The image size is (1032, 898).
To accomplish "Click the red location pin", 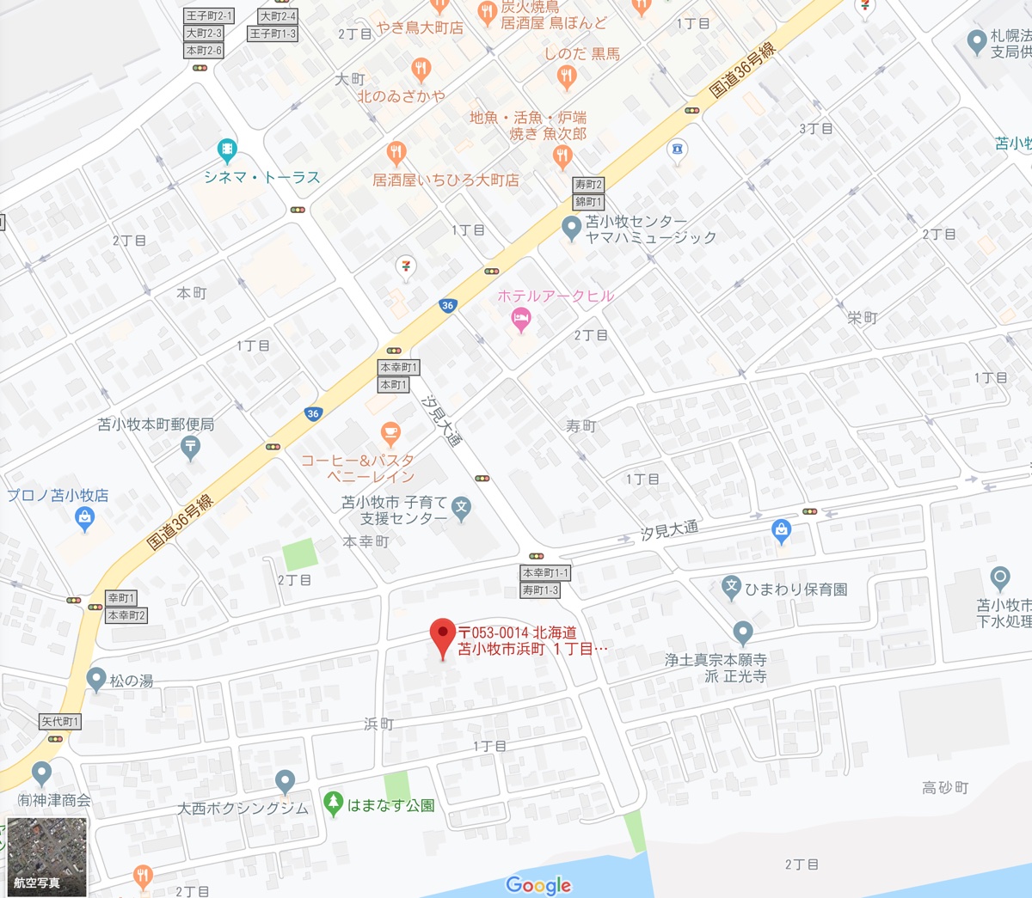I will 443,637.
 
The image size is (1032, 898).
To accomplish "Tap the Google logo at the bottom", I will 538,885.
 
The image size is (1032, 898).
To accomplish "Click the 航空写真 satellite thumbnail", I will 47,856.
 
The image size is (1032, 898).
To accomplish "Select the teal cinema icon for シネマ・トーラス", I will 227,151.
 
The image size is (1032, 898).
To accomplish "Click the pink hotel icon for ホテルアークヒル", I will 520,320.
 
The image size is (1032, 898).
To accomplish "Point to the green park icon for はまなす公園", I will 334,803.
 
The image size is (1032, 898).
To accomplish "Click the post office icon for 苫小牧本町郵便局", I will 190,446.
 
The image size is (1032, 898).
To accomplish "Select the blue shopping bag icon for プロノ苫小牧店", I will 84,517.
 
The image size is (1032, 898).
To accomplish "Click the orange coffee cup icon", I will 390,434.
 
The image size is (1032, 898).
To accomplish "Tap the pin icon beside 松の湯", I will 96,679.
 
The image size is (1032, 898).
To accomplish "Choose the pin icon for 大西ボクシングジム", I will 286,782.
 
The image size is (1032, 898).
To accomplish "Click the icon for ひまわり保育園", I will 731,588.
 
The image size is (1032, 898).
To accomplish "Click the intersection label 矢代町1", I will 60,722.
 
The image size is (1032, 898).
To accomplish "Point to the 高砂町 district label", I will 945,787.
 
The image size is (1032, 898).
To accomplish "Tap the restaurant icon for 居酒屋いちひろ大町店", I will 396,154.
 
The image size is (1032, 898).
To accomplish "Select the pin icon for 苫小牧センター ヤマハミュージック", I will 571,228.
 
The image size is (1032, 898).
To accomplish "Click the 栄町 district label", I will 863,318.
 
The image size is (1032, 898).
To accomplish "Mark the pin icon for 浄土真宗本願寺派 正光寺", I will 743,633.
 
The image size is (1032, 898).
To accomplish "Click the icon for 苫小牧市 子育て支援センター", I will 462,507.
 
